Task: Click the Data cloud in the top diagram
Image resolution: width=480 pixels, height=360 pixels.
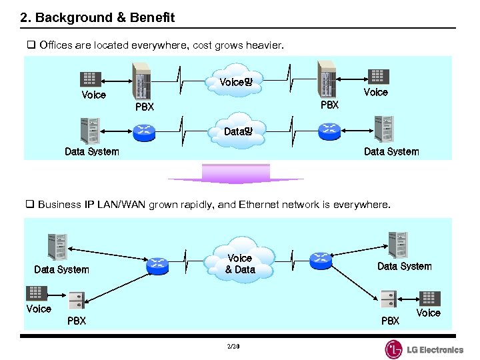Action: pyautogui.click(x=238, y=131)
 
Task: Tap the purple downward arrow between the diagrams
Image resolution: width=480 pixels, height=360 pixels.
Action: pyautogui.click(x=236, y=174)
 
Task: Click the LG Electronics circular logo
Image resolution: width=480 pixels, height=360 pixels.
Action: pyautogui.click(x=394, y=349)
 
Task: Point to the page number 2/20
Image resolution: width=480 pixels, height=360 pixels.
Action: pyautogui.click(x=233, y=347)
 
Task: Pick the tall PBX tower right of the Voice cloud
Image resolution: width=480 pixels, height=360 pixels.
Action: pyautogui.click(x=327, y=79)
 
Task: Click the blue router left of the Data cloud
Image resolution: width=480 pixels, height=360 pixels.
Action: pyautogui.click(x=144, y=130)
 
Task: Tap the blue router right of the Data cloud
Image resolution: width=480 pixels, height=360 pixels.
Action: pyautogui.click(x=329, y=129)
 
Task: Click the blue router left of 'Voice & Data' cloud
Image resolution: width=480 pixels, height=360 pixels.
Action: pyautogui.click(x=158, y=265)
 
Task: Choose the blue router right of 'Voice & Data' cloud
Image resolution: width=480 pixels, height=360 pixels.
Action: pyautogui.click(x=321, y=260)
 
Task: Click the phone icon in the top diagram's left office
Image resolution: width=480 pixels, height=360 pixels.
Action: pyautogui.click(x=91, y=79)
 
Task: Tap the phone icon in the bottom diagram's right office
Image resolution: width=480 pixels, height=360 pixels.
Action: pyautogui.click(x=428, y=298)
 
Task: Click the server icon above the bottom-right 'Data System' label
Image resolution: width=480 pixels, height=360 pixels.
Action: pyautogui.click(x=397, y=245)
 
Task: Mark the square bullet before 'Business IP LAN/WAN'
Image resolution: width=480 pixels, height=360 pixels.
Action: pyautogui.click(x=30, y=205)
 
